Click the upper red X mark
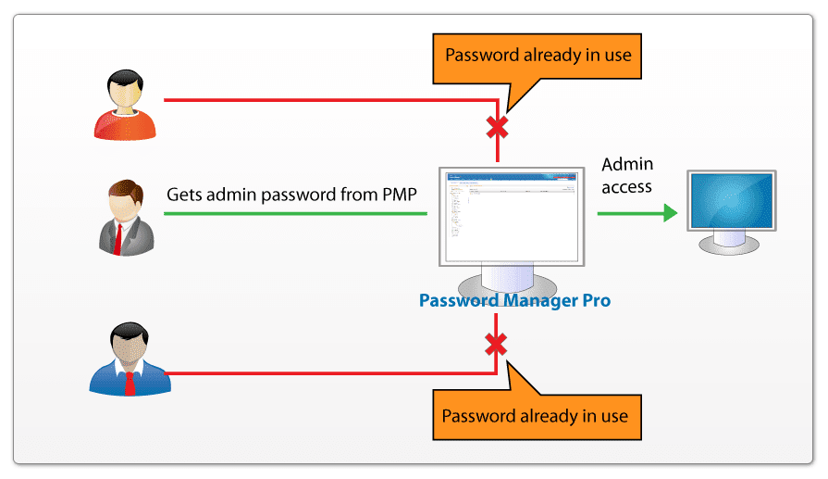pyautogui.click(x=499, y=125)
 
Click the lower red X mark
pyautogui.click(x=497, y=346)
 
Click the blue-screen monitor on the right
pyautogui.click(x=730, y=200)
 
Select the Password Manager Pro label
pyautogui.click(x=514, y=301)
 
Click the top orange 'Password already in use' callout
pyautogui.click(x=538, y=56)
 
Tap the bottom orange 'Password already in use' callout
pyautogui.click(x=535, y=415)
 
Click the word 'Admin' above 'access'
pyautogui.click(x=627, y=165)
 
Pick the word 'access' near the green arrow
pyautogui.click(x=627, y=187)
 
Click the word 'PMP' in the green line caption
pyautogui.click(x=395, y=195)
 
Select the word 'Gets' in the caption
pyautogui.click(x=184, y=195)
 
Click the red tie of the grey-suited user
pyautogui.click(x=117, y=237)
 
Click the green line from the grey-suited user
pyautogui.click(x=296, y=214)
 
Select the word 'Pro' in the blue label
pyautogui.click(x=593, y=301)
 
